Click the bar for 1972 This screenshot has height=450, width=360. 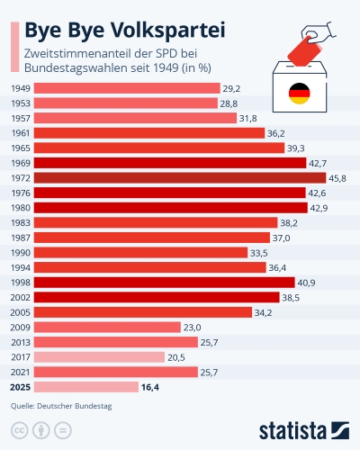click(x=180, y=178)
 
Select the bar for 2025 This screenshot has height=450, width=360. click(x=86, y=387)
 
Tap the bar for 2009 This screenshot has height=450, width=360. click(x=107, y=328)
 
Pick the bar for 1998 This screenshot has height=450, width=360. click(x=165, y=283)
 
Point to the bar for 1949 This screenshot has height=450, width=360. click(x=127, y=88)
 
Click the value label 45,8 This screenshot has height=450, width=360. click(x=337, y=178)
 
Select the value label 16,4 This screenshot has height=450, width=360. click(x=150, y=387)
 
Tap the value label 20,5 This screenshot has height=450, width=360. click(x=176, y=357)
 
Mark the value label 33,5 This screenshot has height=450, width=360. click(x=259, y=253)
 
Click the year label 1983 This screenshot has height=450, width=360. click(x=21, y=223)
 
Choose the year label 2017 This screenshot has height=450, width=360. click(x=21, y=357)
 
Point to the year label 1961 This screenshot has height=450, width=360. click(x=21, y=133)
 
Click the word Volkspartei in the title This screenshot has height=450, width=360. click(x=167, y=31)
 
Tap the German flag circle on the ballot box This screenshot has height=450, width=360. click(x=299, y=94)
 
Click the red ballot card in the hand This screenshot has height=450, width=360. click(x=304, y=51)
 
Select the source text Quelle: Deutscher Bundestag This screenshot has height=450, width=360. click(x=61, y=406)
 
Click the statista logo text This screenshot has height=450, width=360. click(x=292, y=431)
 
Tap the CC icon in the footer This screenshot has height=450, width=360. click(x=20, y=430)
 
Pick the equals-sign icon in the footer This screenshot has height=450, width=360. click(x=63, y=430)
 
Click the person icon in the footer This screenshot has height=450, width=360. click(x=41, y=430)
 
